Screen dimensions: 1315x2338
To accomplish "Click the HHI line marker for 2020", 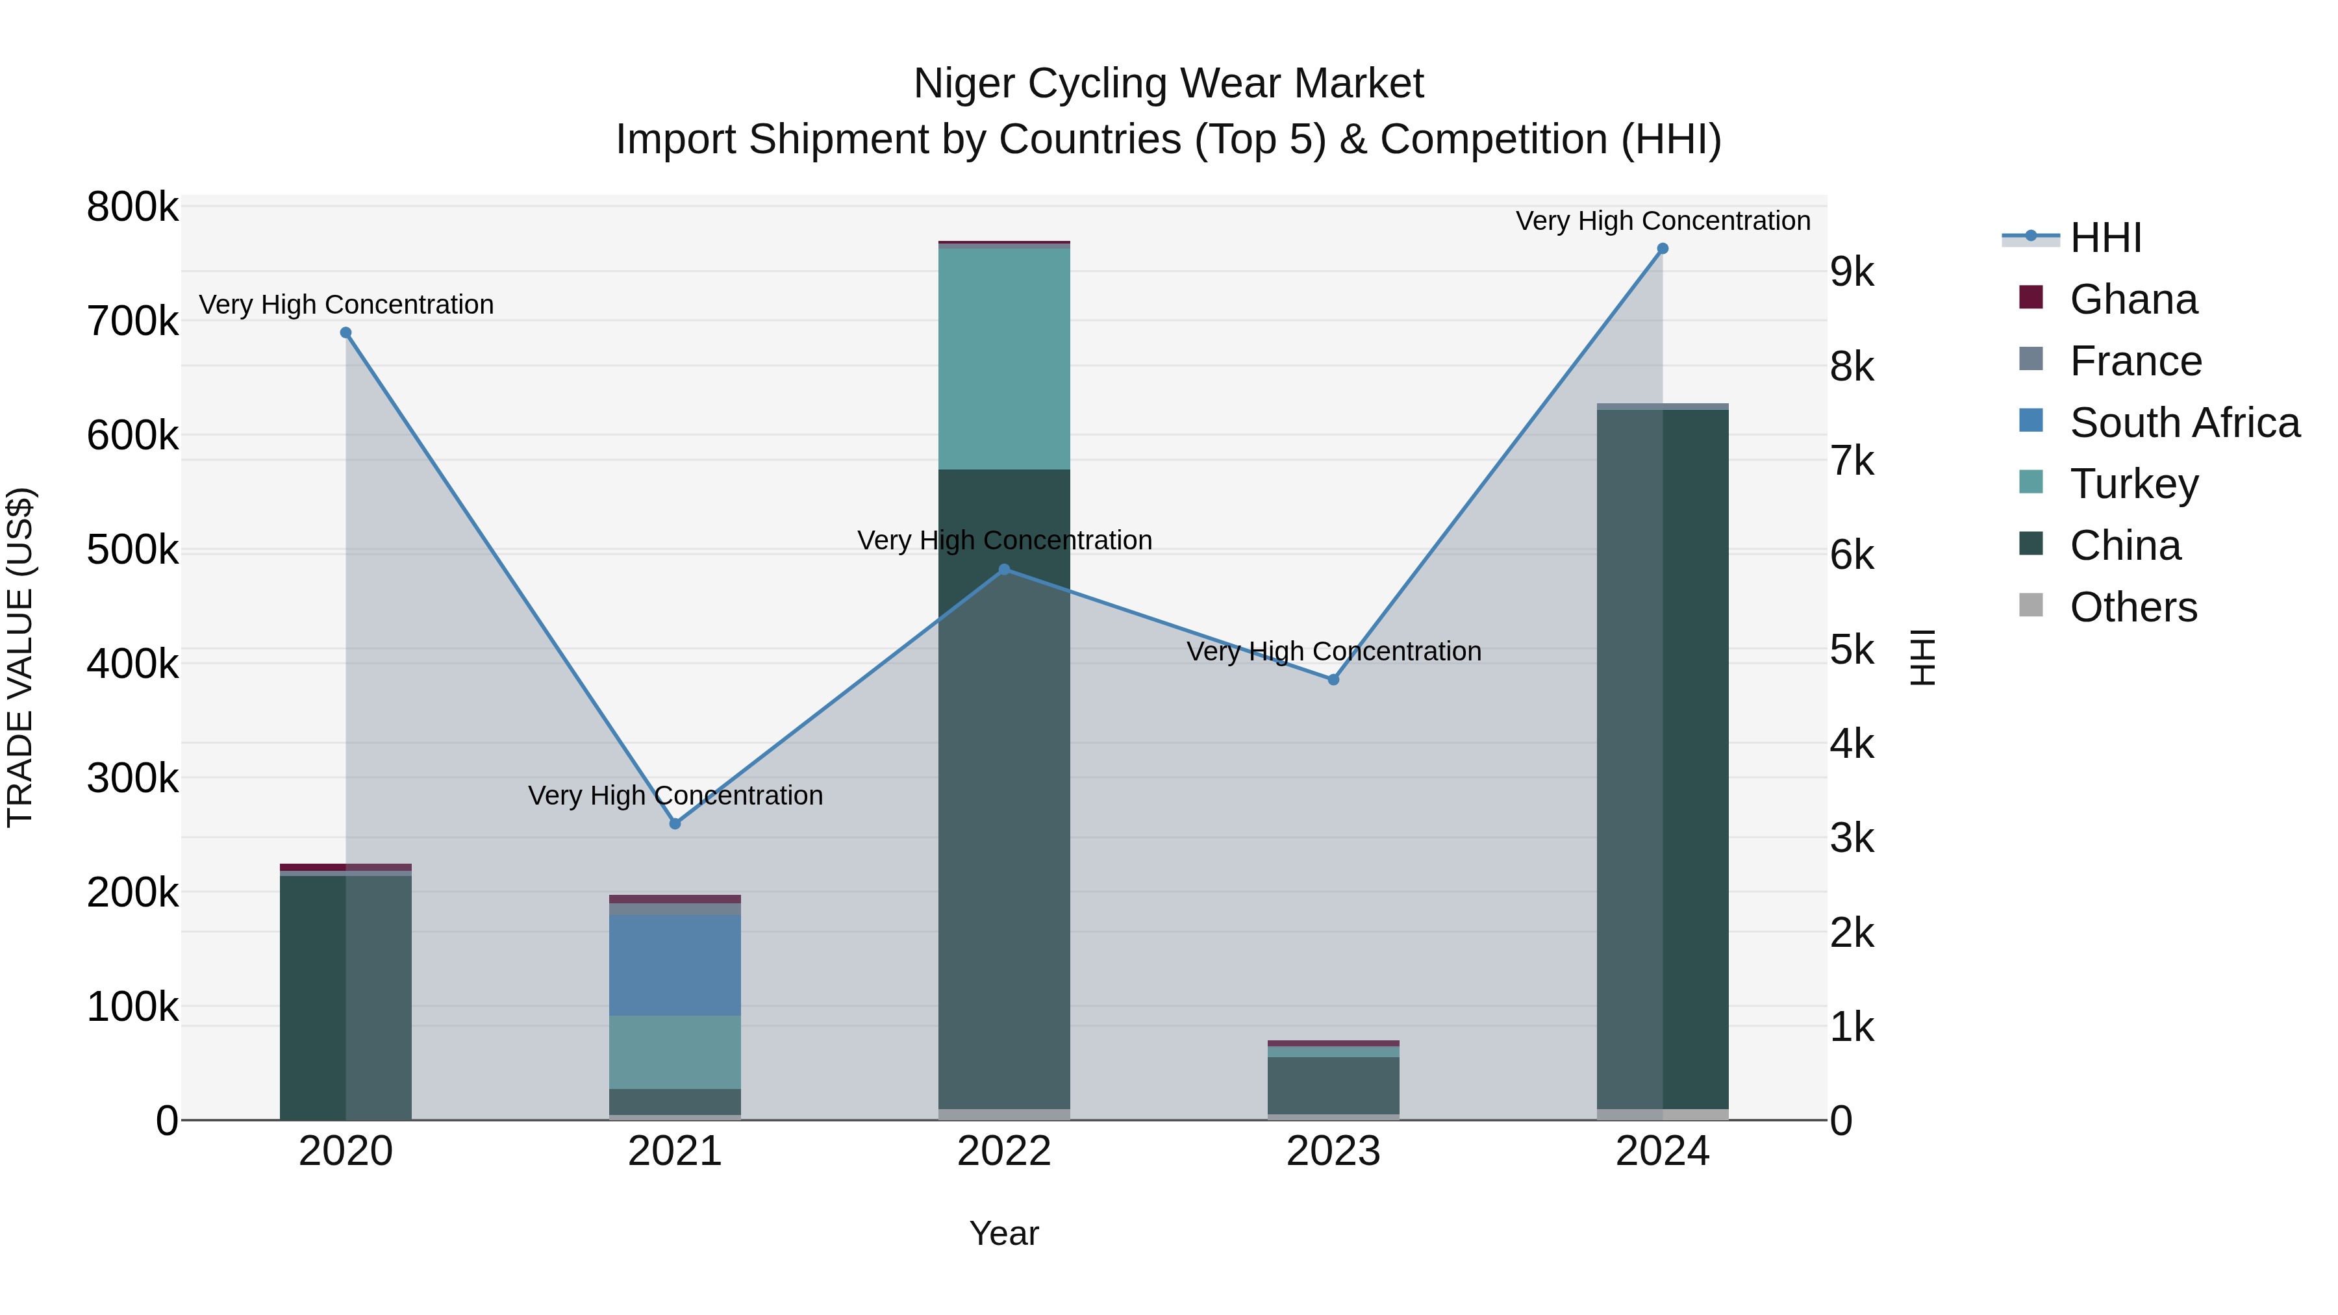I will click(x=346, y=333).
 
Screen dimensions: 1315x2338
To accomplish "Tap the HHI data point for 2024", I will click(x=1663, y=249).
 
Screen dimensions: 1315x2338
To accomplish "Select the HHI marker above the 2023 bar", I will click(x=1333, y=680).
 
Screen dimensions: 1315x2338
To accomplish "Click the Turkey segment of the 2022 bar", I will click(x=1004, y=358).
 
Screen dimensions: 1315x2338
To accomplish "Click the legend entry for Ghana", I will click(x=2133, y=299).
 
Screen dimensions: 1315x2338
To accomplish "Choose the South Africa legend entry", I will click(x=2183, y=423).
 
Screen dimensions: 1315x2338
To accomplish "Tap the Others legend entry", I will click(x=2133, y=607).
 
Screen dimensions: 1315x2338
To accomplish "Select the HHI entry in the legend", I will click(x=2105, y=238).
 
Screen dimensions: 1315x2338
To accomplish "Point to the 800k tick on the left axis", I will click(x=132, y=207).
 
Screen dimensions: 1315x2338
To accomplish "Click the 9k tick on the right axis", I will click(x=1852, y=272).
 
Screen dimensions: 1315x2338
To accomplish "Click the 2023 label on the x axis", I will click(x=1333, y=1151).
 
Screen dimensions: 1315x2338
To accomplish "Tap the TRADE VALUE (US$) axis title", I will click(x=20, y=657).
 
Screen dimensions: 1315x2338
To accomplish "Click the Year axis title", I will click(x=1004, y=1233).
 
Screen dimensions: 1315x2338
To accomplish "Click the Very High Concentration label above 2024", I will click(x=1663, y=221).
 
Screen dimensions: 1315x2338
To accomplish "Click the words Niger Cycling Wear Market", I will click(x=1168, y=84).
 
